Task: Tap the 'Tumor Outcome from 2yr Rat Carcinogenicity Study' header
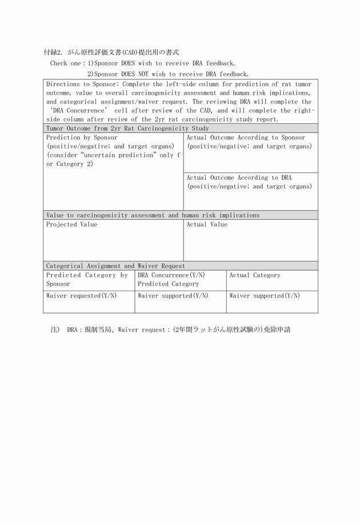pyautogui.click(x=127, y=128)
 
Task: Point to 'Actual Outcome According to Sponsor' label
pyautogui.click(x=246, y=138)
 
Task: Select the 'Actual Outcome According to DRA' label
pyautogui.click(x=239, y=178)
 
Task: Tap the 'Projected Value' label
pyautogui.click(x=71, y=224)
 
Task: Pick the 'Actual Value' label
pyautogui.click(x=207, y=224)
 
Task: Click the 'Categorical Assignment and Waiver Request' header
pyautogui.click(x=115, y=266)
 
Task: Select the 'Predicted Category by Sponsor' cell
pyautogui.click(x=87, y=279)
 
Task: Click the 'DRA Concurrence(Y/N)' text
pyautogui.click(x=171, y=275)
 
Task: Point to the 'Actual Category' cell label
pyautogui.click(x=255, y=275)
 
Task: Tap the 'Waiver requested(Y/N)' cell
pyautogui.click(x=81, y=296)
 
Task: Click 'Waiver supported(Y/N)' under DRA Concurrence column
pyautogui.click(x=173, y=296)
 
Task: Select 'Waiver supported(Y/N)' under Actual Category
pyautogui.click(x=265, y=296)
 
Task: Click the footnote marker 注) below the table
pyautogui.click(x=55, y=330)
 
